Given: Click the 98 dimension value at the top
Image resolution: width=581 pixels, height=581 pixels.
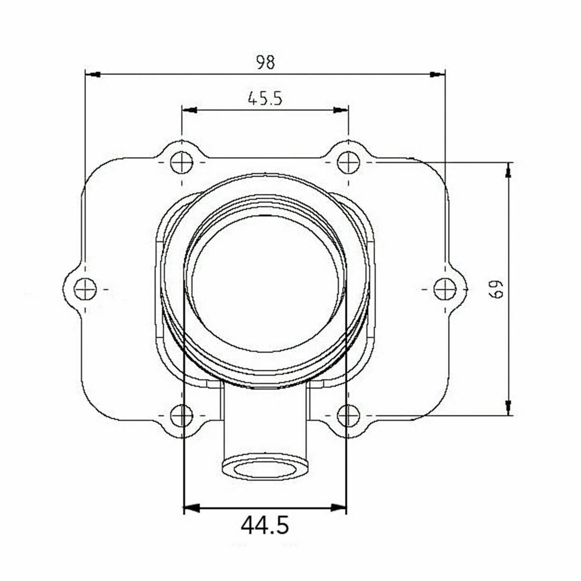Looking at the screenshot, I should point(266,62).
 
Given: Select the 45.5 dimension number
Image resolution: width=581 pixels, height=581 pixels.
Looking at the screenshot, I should point(265,98).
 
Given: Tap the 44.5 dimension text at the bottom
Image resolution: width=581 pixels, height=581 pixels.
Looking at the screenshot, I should point(265,525).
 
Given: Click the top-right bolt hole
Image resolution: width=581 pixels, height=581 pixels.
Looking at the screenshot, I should point(348,162).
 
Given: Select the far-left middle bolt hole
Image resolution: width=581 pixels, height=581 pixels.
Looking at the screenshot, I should point(85,289).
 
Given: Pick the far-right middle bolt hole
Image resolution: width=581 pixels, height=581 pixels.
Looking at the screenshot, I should point(445,289).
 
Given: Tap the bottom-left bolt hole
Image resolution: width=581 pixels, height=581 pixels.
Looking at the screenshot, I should point(182,415).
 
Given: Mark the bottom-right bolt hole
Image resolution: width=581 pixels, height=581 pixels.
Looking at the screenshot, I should point(348,415).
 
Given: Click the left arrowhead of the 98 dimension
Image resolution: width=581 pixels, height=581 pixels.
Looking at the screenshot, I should point(93,74).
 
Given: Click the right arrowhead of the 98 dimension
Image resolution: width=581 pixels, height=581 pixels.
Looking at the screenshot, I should point(437,74).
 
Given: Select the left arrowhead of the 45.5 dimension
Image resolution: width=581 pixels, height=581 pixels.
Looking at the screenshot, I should point(190,110).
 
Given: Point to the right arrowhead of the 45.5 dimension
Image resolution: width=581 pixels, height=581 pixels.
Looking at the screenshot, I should point(340,110).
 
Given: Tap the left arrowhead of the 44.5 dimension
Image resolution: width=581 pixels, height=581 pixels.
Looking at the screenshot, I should point(193,507).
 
